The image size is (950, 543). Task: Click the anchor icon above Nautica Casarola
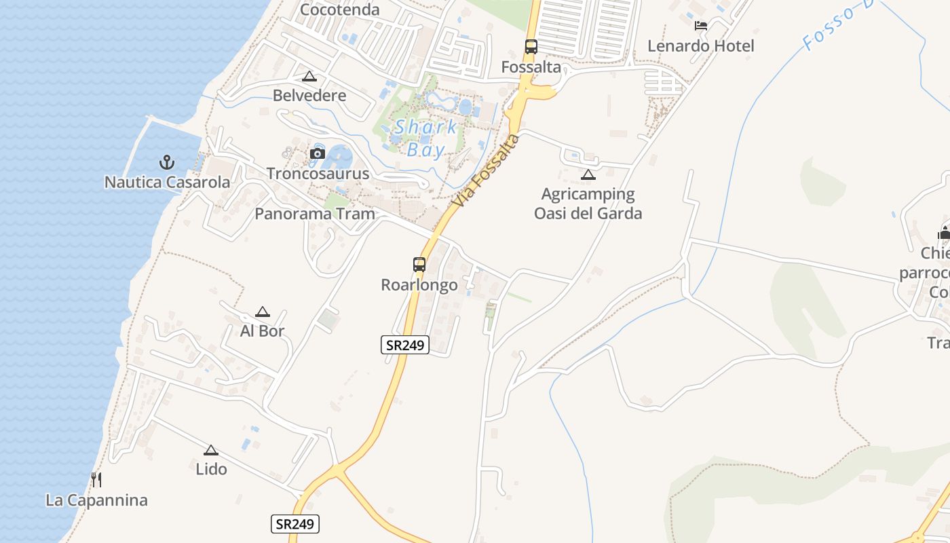(167, 162)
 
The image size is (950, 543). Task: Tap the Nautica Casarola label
(167, 183)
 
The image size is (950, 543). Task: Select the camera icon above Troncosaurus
(317, 153)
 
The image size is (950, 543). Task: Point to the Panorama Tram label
(315, 214)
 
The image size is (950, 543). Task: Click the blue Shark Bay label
(426, 138)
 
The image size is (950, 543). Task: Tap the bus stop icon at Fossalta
(531, 47)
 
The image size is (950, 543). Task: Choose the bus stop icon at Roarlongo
(419, 265)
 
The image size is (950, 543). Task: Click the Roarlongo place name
(419, 285)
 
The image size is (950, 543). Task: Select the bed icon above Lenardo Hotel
(701, 26)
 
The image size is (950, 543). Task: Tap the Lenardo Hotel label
(701, 46)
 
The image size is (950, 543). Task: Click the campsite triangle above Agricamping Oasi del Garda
(588, 174)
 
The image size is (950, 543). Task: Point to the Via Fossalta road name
(487, 171)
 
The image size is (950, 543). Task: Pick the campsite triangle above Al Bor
(263, 312)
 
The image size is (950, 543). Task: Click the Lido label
(211, 469)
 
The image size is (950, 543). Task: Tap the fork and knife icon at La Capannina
(96, 480)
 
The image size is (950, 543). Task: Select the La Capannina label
(96, 501)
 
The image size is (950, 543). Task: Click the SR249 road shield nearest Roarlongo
(405, 345)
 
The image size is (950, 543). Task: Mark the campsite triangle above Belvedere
(309, 76)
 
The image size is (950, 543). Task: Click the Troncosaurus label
(318, 174)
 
